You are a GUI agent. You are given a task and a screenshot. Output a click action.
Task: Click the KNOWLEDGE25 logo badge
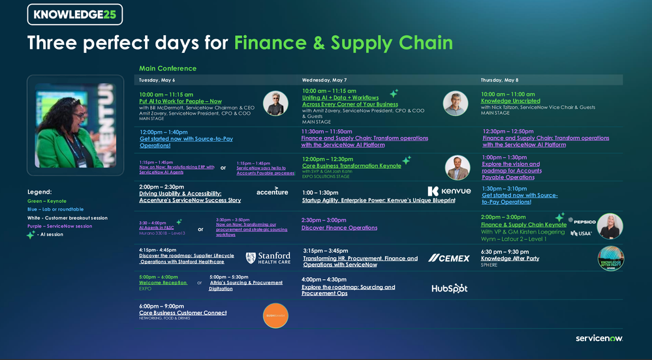coord(74,14)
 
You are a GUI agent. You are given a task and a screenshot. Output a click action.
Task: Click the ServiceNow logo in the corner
coord(599,338)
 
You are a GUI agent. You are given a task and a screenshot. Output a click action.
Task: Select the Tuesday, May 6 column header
coord(157,80)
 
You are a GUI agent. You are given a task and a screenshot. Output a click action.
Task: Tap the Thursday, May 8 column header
coord(499,80)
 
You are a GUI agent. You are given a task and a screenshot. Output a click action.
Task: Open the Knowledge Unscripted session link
coord(510,101)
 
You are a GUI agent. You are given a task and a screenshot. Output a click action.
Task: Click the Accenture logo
coord(272,191)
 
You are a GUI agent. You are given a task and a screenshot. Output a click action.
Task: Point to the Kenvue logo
coord(449,191)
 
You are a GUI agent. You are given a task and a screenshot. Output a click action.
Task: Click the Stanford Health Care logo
coord(268,258)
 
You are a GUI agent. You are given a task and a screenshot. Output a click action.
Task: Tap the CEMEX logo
coord(448,258)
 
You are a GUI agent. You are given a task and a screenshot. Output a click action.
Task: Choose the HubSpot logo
coord(449,288)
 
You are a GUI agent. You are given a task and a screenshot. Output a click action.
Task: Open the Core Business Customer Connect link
coord(183,313)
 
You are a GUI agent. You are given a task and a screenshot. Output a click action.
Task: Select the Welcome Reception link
coord(163,282)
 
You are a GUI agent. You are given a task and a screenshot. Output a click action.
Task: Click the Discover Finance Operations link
coord(339,228)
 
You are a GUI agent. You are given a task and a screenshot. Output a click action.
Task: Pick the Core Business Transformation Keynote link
coord(352,166)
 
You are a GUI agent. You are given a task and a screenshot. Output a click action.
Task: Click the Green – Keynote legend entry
coord(47,201)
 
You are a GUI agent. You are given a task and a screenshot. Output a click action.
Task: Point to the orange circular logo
coord(275,316)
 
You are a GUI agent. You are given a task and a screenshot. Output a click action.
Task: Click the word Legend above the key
coord(39,192)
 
